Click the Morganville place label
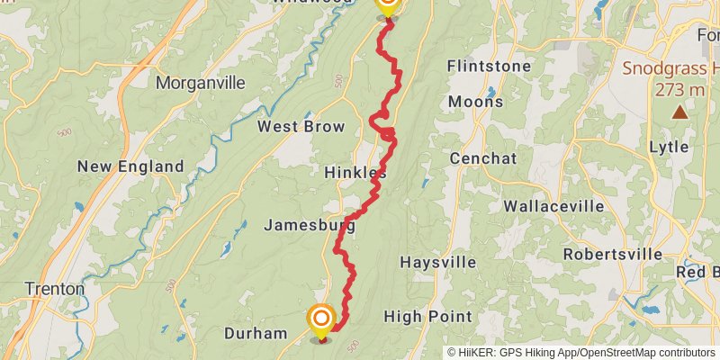click(200, 83)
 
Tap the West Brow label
click(301, 127)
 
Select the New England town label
click(130, 166)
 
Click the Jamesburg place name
click(310, 226)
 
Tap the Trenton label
click(54, 290)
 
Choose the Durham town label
click(255, 333)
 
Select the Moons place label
click(475, 102)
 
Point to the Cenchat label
click(484, 158)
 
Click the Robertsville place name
click(613, 254)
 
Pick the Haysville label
click(437, 263)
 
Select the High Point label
click(427, 317)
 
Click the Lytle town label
click(669, 147)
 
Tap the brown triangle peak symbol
click(679, 112)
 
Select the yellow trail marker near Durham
click(320, 319)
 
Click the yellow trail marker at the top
click(387, 5)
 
